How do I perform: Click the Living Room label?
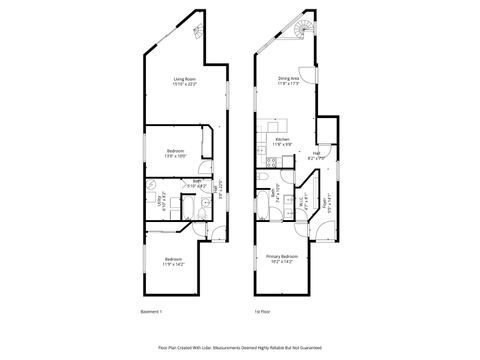[184, 81]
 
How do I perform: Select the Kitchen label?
[282, 143]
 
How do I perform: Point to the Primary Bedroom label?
[282, 259]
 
